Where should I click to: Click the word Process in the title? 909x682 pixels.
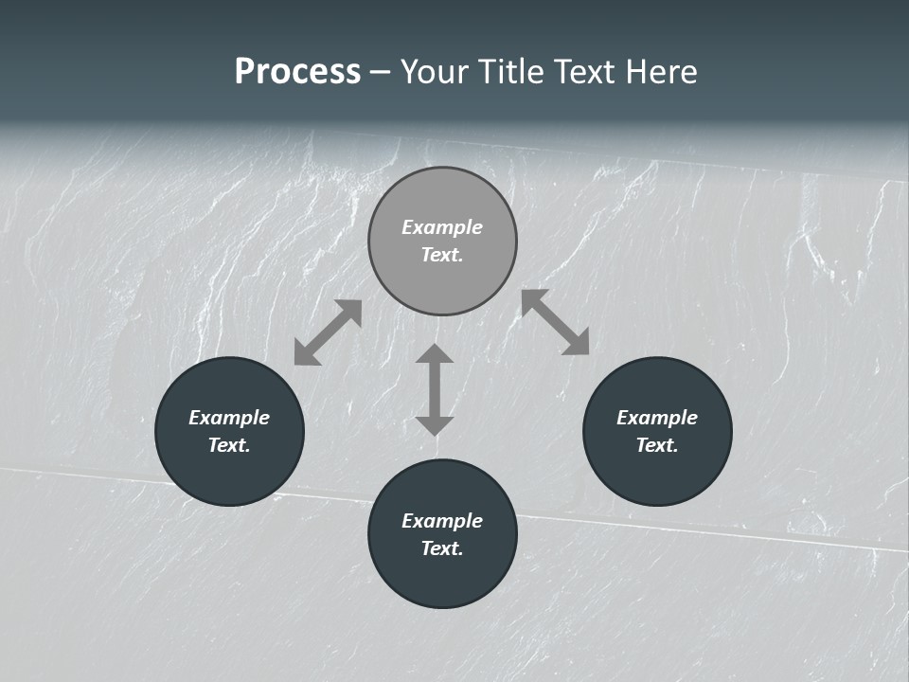point(297,72)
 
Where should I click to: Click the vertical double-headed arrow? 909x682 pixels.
point(435,389)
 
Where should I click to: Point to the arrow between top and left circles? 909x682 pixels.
point(328,332)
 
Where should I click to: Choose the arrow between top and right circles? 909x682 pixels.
point(555,322)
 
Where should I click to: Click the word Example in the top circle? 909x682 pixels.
point(442,227)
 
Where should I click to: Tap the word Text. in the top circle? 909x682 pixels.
point(442,255)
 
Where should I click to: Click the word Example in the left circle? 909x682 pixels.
point(229,418)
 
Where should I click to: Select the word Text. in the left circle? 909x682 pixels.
point(229,445)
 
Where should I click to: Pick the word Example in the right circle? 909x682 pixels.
point(657,418)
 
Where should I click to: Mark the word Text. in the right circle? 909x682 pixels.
point(657,445)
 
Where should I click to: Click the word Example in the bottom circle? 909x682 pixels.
point(442,521)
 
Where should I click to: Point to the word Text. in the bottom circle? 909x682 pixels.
point(442,548)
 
